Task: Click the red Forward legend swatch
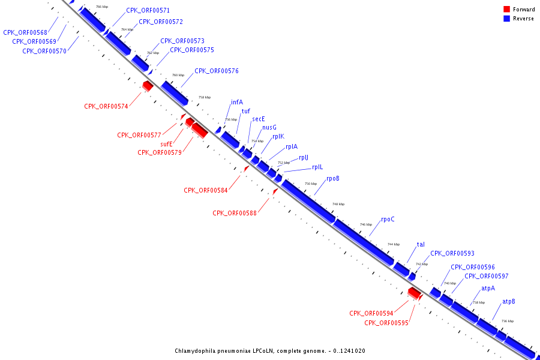506,10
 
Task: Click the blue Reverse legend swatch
506,19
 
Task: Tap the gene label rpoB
333,179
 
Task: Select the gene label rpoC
388,219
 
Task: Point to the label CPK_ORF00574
106,106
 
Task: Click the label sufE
166,144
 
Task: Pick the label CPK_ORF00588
235,213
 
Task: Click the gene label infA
237,102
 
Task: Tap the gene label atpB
509,301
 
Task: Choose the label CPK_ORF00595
386,323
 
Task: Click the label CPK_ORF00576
217,71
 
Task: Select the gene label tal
421,244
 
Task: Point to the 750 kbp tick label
311,184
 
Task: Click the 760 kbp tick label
178,75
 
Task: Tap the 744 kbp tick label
394,244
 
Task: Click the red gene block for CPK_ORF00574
148,86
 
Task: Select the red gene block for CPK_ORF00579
200,130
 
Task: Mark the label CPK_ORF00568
25,32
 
